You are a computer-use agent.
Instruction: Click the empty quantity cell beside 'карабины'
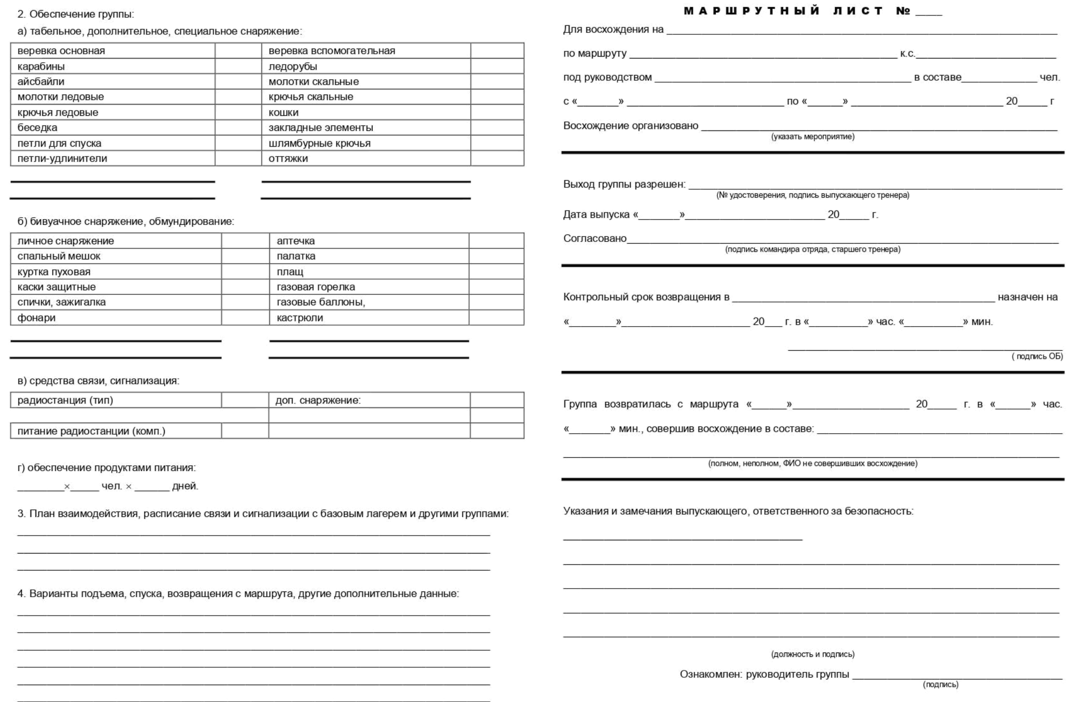point(238,66)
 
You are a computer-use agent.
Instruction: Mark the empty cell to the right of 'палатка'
point(496,256)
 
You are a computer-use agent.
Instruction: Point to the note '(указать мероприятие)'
point(813,136)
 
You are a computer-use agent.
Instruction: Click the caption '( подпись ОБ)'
point(1037,356)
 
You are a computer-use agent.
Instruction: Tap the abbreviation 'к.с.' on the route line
point(907,54)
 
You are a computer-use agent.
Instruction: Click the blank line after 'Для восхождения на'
point(862,31)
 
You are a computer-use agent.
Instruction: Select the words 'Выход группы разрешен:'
point(624,184)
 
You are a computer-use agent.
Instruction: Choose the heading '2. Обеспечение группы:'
point(75,14)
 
